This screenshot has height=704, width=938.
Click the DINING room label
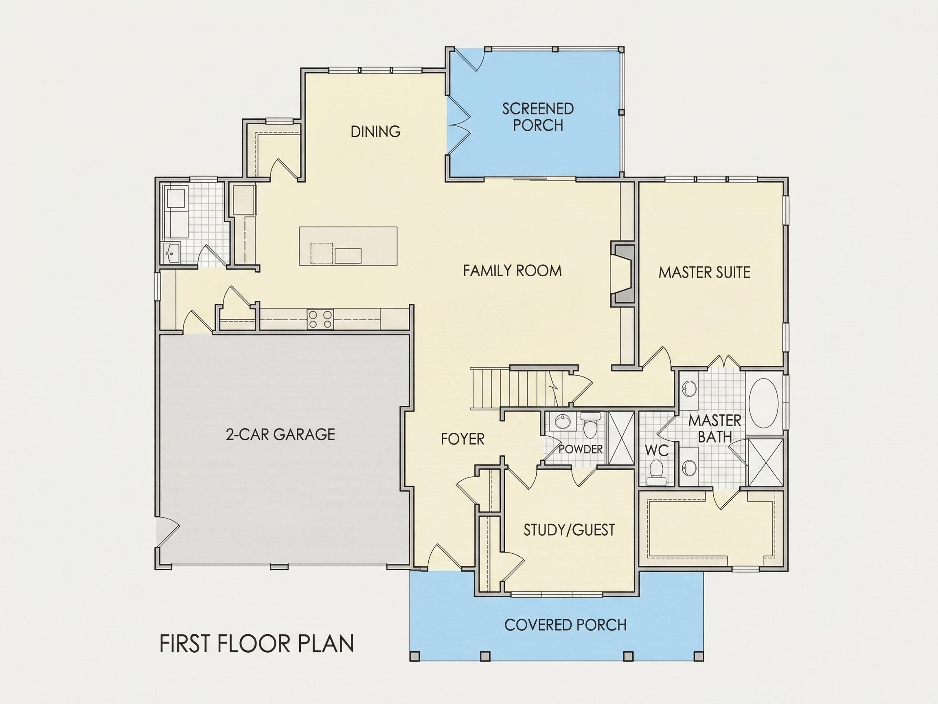pyautogui.click(x=375, y=132)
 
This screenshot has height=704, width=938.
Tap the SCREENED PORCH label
pyautogui.click(x=538, y=117)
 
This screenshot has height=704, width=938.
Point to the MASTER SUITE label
pyautogui.click(x=704, y=273)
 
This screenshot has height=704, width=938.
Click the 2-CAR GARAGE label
pyautogui.click(x=280, y=435)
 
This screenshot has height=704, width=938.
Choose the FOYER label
pyautogui.click(x=462, y=439)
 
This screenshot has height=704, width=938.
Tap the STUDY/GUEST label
pyautogui.click(x=569, y=530)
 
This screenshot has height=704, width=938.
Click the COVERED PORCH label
pyautogui.click(x=565, y=625)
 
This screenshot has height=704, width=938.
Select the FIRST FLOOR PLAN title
pyautogui.click(x=256, y=644)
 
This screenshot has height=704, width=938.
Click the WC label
pyautogui.click(x=657, y=450)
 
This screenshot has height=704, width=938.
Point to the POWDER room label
pyautogui.click(x=581, y=449)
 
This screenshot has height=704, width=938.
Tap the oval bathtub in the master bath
pyautogui.click(x=763, y=404)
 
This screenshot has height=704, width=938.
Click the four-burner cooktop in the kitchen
pyautogui.click(x=320, y=319)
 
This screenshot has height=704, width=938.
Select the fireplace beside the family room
pyautogui.click(x=622, y=274)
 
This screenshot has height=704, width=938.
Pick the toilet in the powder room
pyautogui.click(x=590, y=426)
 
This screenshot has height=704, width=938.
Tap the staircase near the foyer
pyautogui.click(x=518, y=389)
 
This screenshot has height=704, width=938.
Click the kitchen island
pyautogui.click(x=348, y=246)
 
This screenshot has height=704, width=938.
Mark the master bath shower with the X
pyautogui.click(x=765, y=462)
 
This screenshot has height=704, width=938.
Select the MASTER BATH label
pyautogui.click(x=714, y=429)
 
